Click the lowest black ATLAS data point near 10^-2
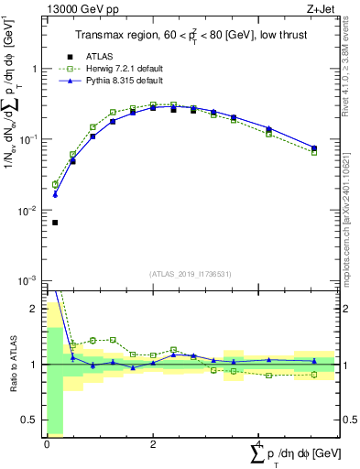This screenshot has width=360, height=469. [55, 223]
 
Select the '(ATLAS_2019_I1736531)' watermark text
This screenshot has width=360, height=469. [191, 273]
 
